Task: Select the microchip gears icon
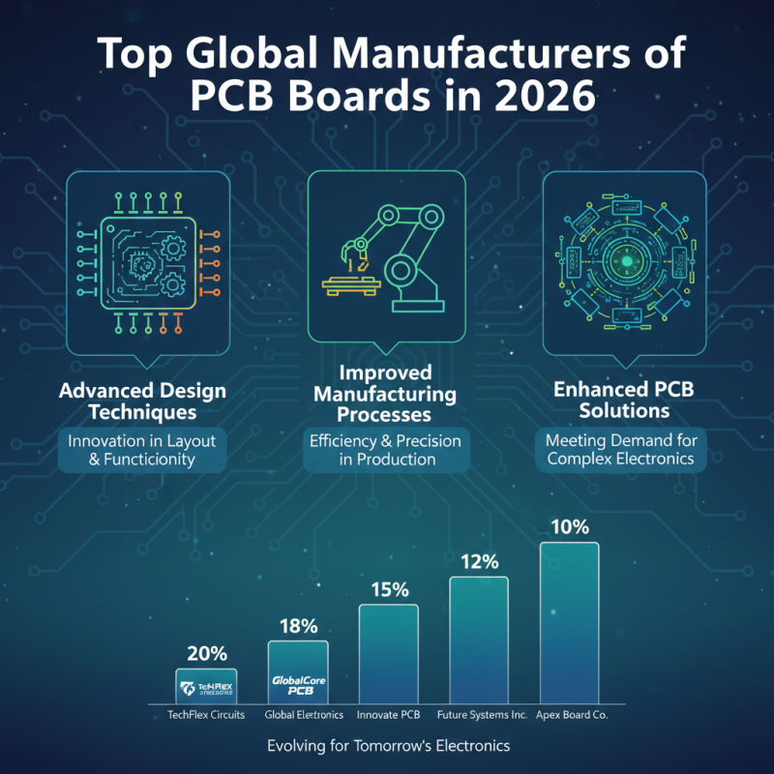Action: coord(142,262)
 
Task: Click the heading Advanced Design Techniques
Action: coord(142,402)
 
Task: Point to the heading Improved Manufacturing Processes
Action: coord(385,396)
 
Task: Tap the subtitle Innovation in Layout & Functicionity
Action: coord(142,450)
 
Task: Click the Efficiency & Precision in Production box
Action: coord(385,450)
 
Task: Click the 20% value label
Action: coord(205,653)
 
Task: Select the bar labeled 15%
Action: coord(388,653)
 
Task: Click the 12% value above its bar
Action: coord(478,562)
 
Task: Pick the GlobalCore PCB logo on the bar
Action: coord(298,685)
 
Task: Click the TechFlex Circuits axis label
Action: coord(206,714)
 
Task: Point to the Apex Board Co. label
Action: coord(571,714)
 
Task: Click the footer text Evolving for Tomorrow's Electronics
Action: coord(387,746)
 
